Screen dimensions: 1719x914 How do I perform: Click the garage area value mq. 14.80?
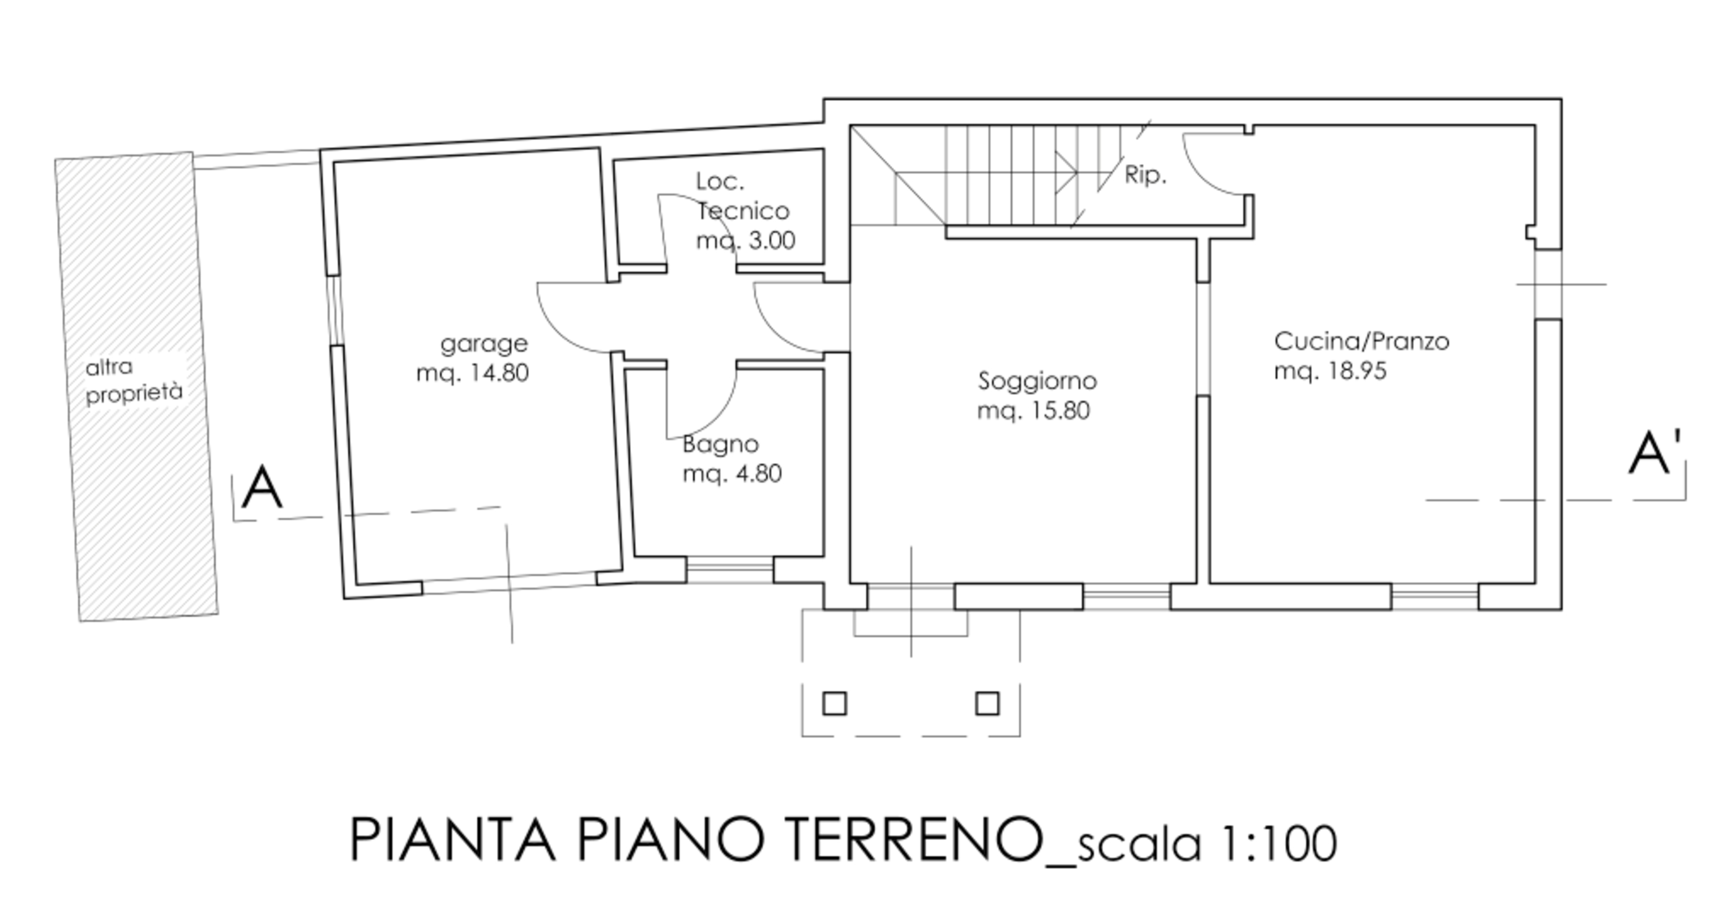coord(472,373)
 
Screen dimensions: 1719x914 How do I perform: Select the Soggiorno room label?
coord(1038,381)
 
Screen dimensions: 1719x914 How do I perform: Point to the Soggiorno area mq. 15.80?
coord(1034,410)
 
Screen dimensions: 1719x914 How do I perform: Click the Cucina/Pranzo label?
coord(1362,341)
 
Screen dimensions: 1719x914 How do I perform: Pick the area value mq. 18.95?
coord(1330,370)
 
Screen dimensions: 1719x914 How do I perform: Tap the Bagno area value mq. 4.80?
coord(732,473)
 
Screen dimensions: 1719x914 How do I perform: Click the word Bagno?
coord(721,445)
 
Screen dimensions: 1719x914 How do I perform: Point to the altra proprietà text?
coord(134,381)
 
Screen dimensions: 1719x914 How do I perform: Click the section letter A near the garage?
coord(262,488)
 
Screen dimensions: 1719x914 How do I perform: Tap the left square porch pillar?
coord(835,704)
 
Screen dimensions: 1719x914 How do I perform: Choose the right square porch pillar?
coord(987,704)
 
